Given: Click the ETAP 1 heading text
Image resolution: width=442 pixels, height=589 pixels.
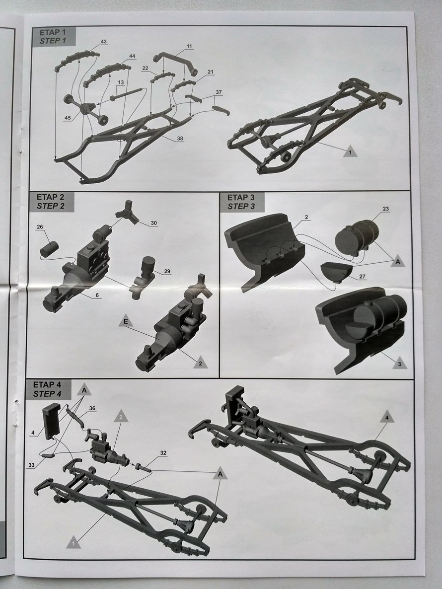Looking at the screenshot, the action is point(52,32).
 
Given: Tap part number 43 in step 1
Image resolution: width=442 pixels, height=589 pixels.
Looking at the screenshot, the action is point(104,42).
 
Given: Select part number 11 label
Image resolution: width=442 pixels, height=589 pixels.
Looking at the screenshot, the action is point(189,46).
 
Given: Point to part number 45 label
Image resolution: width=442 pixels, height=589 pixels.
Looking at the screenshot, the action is point(68,118).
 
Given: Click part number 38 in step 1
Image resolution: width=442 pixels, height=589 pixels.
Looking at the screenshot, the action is point(180,138).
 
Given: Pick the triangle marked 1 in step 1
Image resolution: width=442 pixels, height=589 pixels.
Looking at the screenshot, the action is point(350,151).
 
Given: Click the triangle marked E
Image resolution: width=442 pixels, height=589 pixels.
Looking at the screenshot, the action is point(126,321).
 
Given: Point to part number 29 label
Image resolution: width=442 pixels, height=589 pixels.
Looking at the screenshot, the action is point(167,271).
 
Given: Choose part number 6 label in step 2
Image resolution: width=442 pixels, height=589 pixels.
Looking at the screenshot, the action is point(97,295).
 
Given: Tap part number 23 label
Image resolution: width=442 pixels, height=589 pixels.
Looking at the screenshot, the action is point(385,209).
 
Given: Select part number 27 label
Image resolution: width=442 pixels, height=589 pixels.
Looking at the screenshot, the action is point(362,277).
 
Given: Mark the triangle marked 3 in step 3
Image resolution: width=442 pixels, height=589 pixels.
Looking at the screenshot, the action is point(400,363).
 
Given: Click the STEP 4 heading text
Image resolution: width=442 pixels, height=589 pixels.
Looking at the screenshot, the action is point(47,394).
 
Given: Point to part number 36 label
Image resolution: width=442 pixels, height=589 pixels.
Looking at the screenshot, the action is point(92,408).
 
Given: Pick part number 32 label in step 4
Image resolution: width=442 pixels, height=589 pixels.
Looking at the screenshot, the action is point(163,453).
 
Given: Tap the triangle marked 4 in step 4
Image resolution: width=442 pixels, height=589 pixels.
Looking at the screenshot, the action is point(388,417).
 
